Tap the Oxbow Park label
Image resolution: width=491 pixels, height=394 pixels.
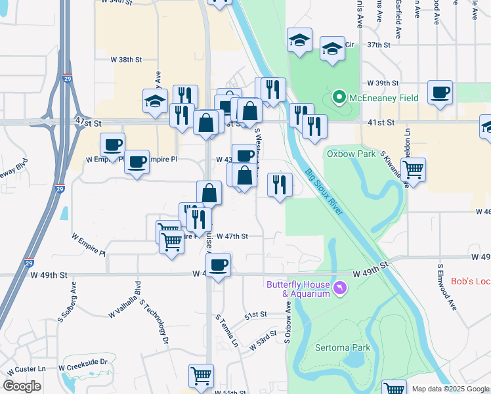point(351,154)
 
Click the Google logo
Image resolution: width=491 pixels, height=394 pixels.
point(22,386)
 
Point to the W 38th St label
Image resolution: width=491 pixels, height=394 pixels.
point(127,60)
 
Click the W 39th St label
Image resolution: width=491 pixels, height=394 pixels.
point(383,83)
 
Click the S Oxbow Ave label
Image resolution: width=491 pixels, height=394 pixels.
point(287,321)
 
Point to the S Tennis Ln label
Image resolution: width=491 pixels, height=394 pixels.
point(226,330)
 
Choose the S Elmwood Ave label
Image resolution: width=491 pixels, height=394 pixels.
point(446,287)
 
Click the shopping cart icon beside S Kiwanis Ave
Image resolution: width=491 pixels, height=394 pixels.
point(413,169)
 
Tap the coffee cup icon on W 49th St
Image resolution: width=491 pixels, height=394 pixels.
point(218,265)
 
